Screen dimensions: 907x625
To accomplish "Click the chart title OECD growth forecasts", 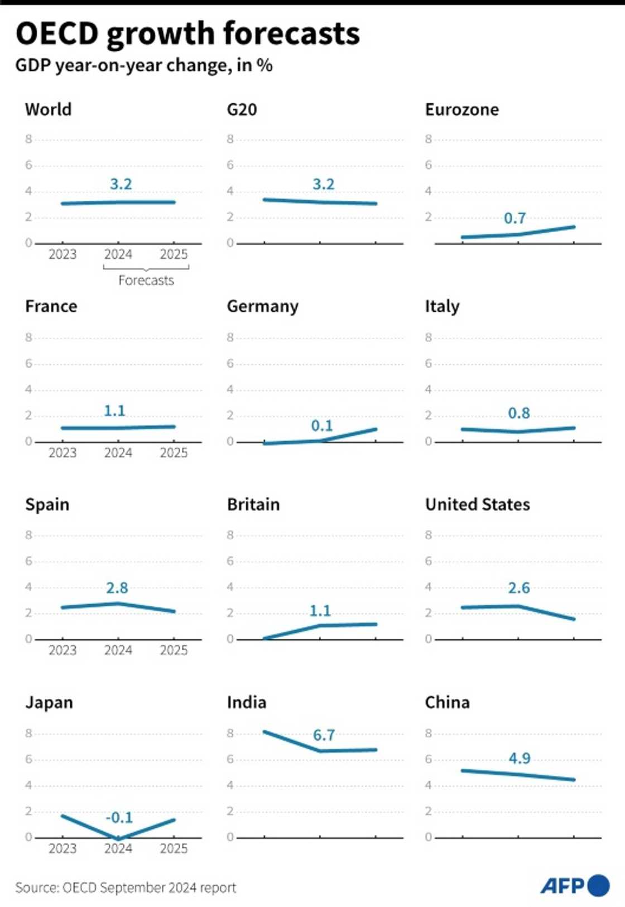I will [187, 33].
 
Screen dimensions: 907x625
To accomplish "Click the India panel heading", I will [246, 702].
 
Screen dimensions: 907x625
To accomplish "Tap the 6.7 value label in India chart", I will [324, 735].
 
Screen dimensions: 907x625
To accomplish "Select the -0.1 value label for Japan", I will [119, 818].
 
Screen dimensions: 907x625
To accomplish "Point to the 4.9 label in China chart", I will [519, 759].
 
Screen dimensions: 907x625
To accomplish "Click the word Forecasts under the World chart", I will [146, 281].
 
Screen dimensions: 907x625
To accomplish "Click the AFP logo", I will [574, 885].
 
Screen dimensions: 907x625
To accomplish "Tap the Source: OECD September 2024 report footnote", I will [126, 887].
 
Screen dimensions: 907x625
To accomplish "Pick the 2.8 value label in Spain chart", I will [117, 588].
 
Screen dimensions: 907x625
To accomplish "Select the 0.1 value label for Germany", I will [322, 426].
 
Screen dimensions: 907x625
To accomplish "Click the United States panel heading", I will [478, 504].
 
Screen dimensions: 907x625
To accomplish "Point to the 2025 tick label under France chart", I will [174, 453].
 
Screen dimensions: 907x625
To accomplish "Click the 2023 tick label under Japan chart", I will [62, 848].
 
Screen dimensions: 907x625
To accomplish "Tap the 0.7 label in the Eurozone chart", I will [515, 218].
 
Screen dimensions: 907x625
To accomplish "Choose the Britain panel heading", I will [253, 504].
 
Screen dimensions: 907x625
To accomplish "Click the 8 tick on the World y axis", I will [28, 139].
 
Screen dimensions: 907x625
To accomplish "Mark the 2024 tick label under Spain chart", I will [118, 650].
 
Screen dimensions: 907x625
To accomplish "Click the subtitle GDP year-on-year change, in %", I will [144, 65].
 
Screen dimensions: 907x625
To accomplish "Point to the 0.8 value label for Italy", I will [518, 413].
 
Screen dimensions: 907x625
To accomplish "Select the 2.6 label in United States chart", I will [518, 588].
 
